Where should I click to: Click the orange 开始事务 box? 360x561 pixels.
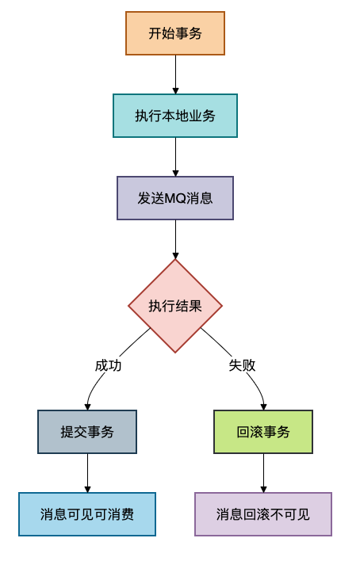pyautogui.click(x=175, y=33)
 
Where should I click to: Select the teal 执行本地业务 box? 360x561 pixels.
pyautogui.click(x=175, y=116)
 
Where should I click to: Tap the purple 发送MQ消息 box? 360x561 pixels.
pyautogui.click(x=175, y=198)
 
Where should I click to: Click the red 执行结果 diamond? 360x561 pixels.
pyautogui.click(x=175, y=306)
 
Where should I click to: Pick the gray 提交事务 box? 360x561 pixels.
pyautogui.click(x=87, y=432)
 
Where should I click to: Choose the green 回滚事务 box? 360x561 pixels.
pyautogui.click(x=263, y=432)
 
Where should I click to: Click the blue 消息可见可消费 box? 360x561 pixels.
pyautogui.click(x=87, y=514)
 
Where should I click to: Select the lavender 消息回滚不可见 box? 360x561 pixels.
pyautogui.click(x=263, y=514)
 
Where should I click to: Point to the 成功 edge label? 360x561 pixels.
pyautogui.click(x=109, y=365)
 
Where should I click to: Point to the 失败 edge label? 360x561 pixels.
pyautogui.click(x=243, y=365)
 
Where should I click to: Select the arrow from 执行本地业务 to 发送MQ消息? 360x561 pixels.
pyautogui.click(x=175, y=156)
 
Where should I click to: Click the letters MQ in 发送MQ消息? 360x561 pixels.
pyautogui.click(x=174, y=198)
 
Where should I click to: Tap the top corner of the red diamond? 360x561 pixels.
pyautogui.click(x=175, y=261)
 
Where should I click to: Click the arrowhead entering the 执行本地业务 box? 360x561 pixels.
pyautogui.click(x=175, y=90)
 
